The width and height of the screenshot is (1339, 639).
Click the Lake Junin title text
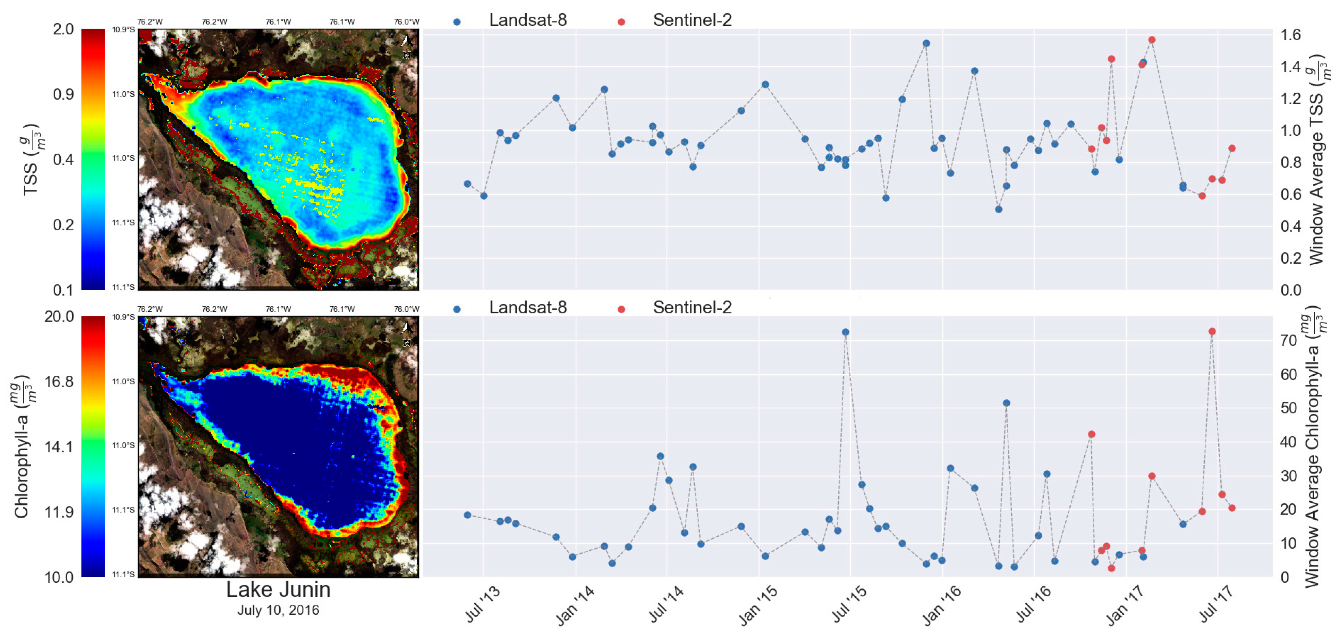tap(278, 590)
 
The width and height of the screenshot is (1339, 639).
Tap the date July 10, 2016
tap(278, 610)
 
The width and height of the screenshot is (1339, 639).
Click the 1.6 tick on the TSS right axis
tap(1290, 35)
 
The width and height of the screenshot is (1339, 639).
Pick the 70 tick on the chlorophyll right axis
tap(1289, 341)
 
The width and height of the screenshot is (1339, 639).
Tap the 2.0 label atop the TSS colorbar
tap(63, 29)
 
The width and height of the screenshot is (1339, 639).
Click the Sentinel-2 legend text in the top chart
tap(692, 20)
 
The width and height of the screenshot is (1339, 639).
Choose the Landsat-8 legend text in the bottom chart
tap(528, 308)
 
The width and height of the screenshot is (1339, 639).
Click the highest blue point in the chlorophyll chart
tap(845, 332)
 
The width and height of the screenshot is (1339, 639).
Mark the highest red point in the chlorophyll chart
tap(1212, 331)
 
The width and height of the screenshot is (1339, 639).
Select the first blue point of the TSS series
tap(467, 184)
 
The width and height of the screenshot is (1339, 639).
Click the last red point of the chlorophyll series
tap(1231, 508)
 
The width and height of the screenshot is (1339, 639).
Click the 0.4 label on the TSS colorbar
tap(63, 160)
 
